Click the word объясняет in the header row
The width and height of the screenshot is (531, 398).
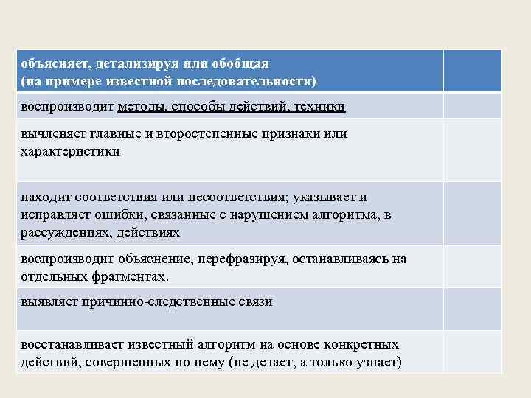49,63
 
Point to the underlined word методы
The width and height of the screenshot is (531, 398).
142,106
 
